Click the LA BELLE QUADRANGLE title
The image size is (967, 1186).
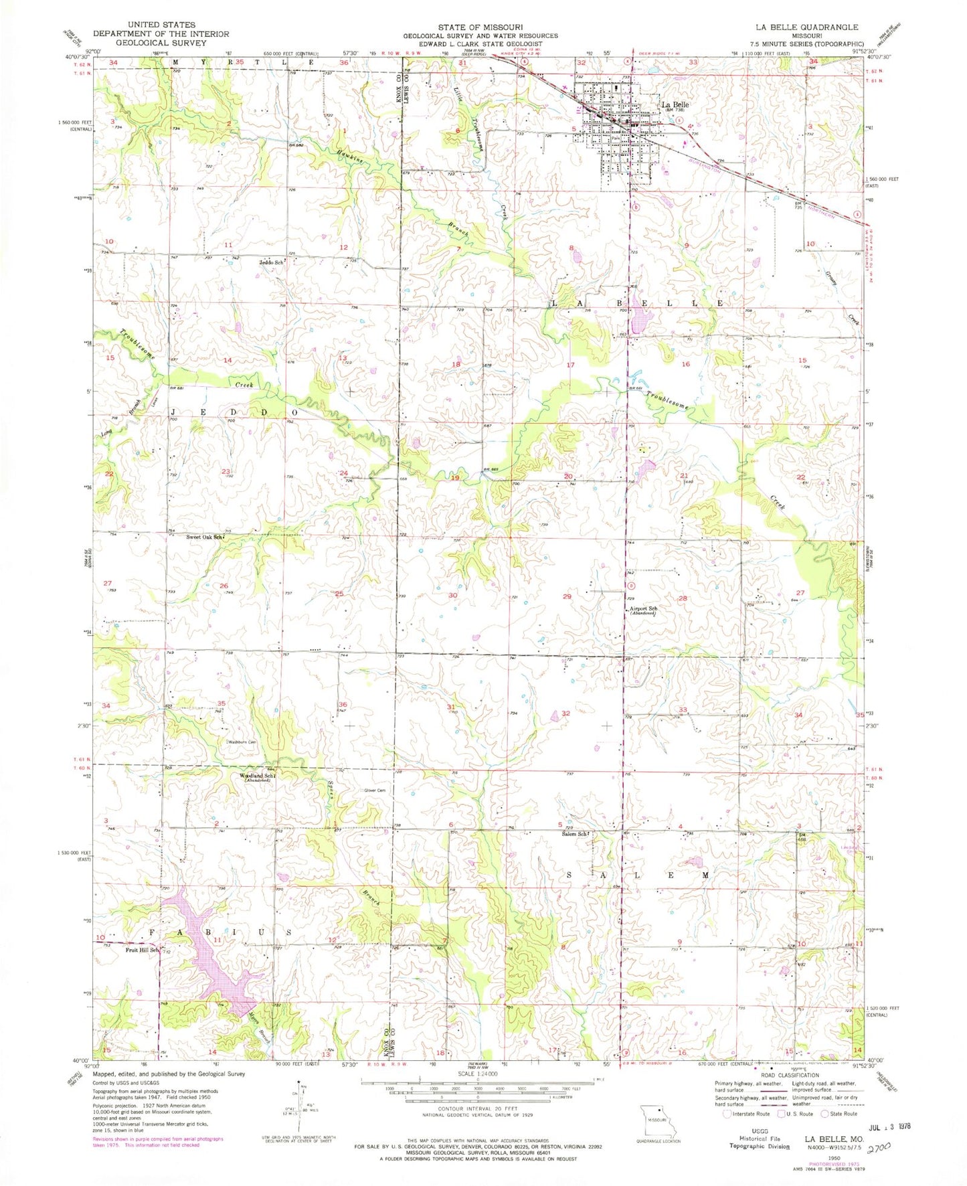[x=806, y=27]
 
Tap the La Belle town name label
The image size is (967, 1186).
[x=675, y=104]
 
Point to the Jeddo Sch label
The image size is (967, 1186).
[x=271, y=262]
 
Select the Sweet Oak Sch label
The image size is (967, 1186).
[x=204, y=537]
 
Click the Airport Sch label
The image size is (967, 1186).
[x=643, y=608]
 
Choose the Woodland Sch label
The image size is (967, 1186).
[x=257, y=776]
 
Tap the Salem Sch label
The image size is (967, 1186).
[x=574, y=834]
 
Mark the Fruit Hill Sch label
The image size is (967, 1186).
[x=143, y=950]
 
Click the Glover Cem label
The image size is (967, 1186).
[x=374, y=790]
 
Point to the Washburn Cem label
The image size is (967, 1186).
[x=242, y=742]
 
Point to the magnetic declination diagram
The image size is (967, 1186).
[x=298, y=1116]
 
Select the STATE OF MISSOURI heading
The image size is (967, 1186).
[x=479, y=27]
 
